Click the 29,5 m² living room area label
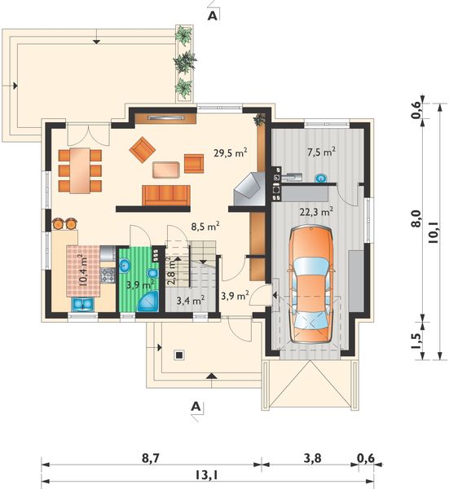(x=231, y=152)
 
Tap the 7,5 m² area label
(x=322, y=152)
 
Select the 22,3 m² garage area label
(x=316, y=211)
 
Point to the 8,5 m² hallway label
(x=205, y=226)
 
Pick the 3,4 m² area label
(x=191, y=300)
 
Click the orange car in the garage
(x=310, y=285)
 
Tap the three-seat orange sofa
(x=166, y=196)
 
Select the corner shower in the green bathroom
(x=148, y=302)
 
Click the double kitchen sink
(x=82, y=304)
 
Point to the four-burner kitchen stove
(x=108, y=275)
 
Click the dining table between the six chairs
(x=80, y=170)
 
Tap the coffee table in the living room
(x=166, y=170)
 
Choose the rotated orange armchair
(x=143, y=150)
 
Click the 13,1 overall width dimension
(x=207, y=475)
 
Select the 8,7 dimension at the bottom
(x=151, y=458)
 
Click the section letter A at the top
(x=213, y=16)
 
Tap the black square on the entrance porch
(x=179, y=355)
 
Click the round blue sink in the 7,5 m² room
(x=320, y=178)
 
